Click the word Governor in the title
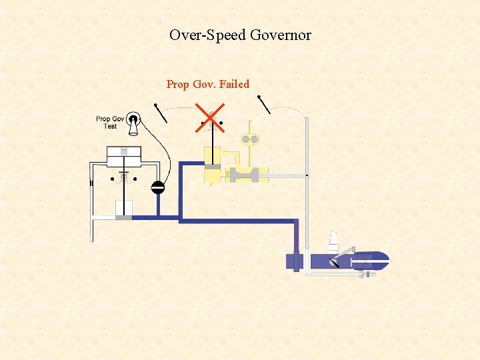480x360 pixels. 280,35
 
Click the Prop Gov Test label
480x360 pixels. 110,123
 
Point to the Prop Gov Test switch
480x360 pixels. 134,124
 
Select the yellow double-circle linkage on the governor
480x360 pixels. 250,140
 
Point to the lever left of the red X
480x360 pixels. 161,113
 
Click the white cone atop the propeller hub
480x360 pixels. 333,239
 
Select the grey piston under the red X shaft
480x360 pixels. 212,167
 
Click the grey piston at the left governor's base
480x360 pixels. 123,217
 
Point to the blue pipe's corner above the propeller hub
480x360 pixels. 295,221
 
